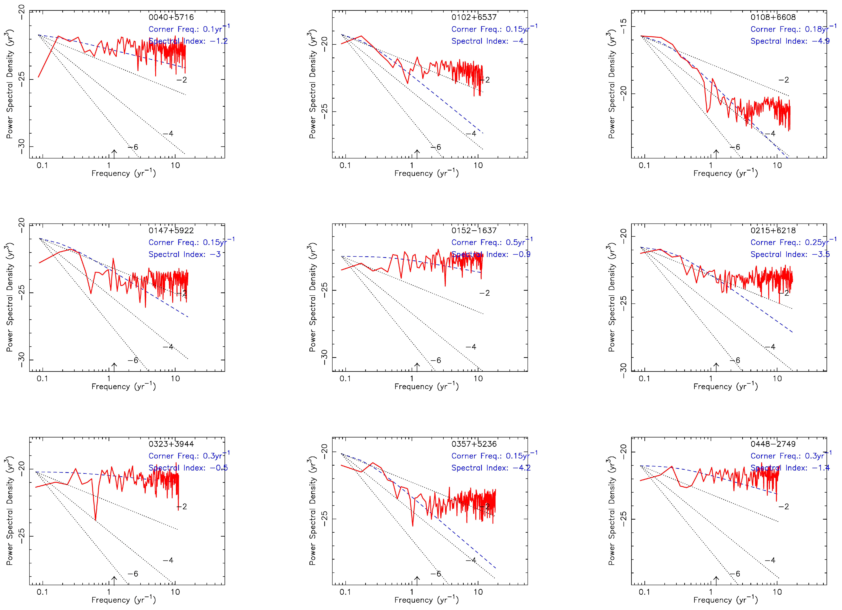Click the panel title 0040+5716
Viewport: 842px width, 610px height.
(x=171, y=17)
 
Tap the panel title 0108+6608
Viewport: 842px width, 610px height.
(x=773, y=17)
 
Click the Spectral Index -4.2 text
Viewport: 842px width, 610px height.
(x=491, y=468)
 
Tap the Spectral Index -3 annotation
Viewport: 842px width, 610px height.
(x=184, y=254)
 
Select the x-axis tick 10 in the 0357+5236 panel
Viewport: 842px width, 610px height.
(x=478, y=592)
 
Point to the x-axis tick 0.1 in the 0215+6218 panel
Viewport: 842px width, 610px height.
(x=644, y=379)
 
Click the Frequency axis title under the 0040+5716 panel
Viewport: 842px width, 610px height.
(x=124, y=173)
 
